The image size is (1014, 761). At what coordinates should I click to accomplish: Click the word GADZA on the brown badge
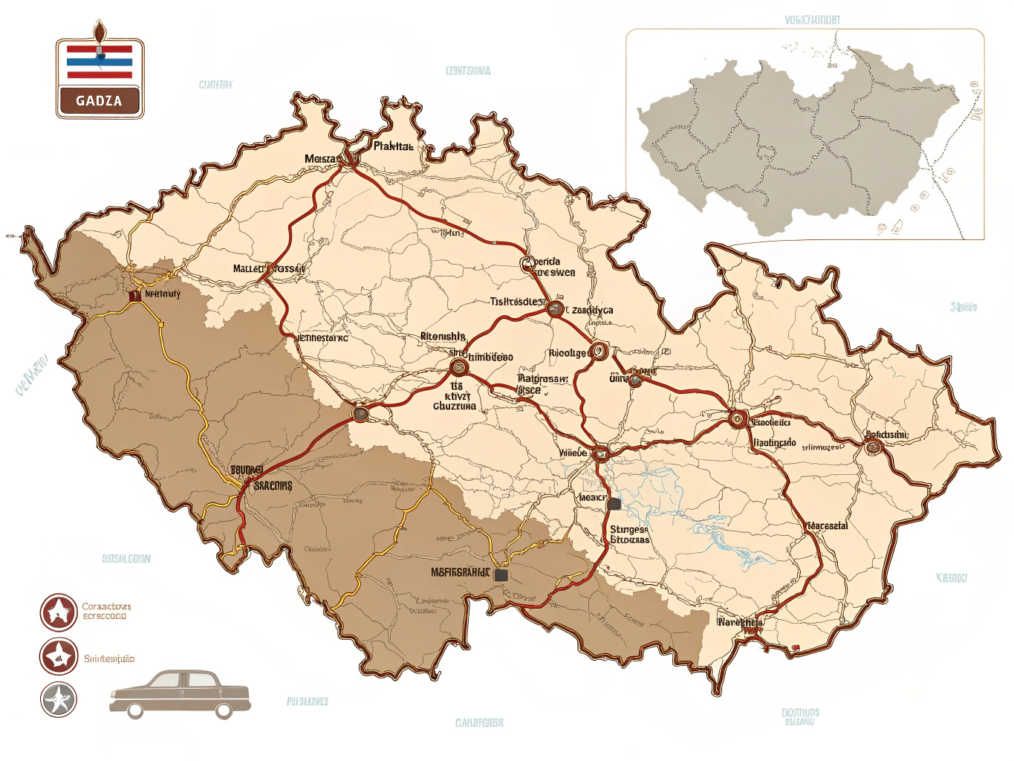pos(99,101)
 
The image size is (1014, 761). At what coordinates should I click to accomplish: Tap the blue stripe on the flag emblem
pos(100,62)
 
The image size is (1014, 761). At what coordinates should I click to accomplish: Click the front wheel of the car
pos(224,711)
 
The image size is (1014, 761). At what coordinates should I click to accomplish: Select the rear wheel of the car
pos(134,711)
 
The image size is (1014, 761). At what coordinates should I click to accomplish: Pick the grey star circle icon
pos(59,699)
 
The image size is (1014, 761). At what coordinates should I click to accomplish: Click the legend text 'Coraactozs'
pos(106,606)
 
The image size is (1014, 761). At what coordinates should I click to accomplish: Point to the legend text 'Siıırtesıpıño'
pos(108,658)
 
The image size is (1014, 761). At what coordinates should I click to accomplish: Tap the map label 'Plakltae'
pos(393,146)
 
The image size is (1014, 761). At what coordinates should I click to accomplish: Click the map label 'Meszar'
pos(321,159)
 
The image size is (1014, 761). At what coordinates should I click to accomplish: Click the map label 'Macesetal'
pos(827,525)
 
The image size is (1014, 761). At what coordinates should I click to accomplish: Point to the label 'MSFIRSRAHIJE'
pos(461,572)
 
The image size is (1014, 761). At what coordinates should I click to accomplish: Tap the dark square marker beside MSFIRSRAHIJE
pos(501,574)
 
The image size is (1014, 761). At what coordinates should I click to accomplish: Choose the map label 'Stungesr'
pos(628,529)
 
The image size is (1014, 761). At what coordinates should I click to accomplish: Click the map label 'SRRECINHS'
pos(273,485)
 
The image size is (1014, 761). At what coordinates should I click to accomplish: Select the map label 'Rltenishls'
pos(443,337)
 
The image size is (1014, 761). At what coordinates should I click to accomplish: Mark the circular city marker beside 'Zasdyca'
pos(554,308)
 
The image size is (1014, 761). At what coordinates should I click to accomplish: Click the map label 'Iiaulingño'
pos(774,442)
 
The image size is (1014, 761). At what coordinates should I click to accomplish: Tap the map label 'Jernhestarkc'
pos(322,337)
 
